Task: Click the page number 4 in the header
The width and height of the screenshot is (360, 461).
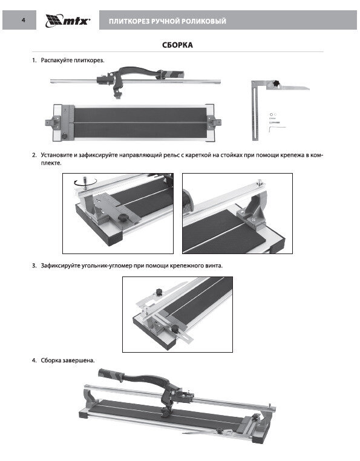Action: point(24,20)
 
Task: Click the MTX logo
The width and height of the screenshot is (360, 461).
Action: point(68,21)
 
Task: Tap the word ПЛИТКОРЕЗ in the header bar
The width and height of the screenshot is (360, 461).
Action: point(129,21)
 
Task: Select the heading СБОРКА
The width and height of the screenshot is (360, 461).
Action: point(178,45)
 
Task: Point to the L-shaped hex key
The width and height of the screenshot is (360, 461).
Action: point(277,128)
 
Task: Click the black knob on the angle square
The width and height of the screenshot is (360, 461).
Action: point(276,84)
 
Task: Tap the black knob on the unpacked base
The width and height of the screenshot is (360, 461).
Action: point(64,136)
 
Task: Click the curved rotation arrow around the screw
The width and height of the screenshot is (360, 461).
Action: point(85,182)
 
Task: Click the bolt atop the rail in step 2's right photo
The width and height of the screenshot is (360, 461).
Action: point(260,183)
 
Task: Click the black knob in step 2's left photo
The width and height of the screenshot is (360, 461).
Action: point(122,218)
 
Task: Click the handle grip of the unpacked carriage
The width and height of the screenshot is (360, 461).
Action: point(172,74)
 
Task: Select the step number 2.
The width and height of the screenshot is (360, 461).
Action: point(34,155)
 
